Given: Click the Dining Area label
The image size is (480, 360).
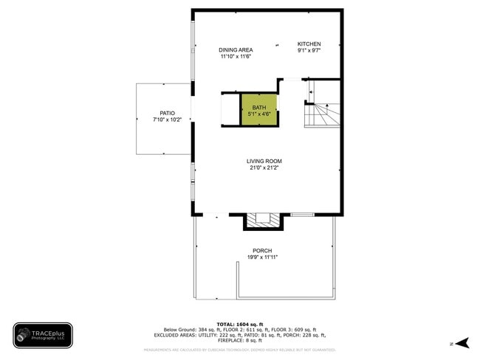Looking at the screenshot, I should [236, 49].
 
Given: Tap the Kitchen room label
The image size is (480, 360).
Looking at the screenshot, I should [309, 44].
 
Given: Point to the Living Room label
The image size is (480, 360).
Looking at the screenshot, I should [264, 161].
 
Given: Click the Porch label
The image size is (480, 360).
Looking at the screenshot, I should [262, 250].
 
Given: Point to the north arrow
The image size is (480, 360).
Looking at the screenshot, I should [462, 342].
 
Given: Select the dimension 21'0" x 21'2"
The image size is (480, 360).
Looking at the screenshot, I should [264, 167].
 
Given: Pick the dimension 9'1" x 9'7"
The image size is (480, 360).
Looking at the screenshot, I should [309, 51].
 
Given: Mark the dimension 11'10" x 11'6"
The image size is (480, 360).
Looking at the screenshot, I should [236, 56].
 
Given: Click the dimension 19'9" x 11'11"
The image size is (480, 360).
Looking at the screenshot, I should [262, 257].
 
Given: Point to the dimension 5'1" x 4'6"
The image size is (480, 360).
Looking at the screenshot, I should [259, 114].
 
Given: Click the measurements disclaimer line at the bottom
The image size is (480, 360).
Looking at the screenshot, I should [240, 349].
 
